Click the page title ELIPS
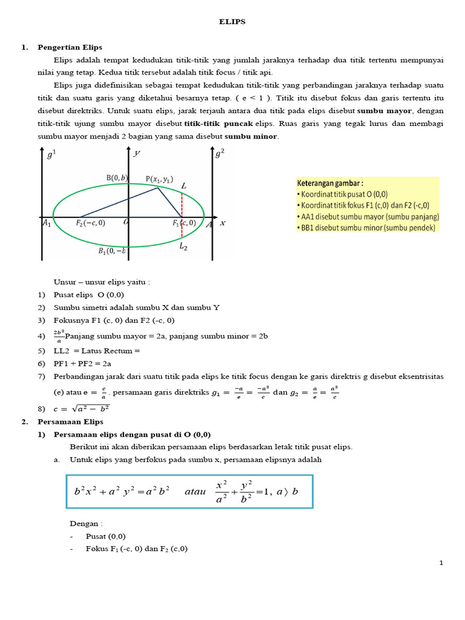click(x=232, y=22)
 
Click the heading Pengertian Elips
click(x=70, y=47)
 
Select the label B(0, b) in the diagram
click(x=117, y=177)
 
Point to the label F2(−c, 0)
click(x=90, y=223)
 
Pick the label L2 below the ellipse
click(x=183, y=246)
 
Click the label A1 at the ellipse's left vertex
click(x=47, y=223)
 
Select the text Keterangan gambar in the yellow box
click(x=329, y=183)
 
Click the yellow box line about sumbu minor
click(x=366, y=227)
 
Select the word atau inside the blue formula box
click(x=196, y=492)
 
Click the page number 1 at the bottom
click(x=441, y=563)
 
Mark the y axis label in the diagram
click(x=137, y=154)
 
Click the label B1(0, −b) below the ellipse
click(x=112, y=251)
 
